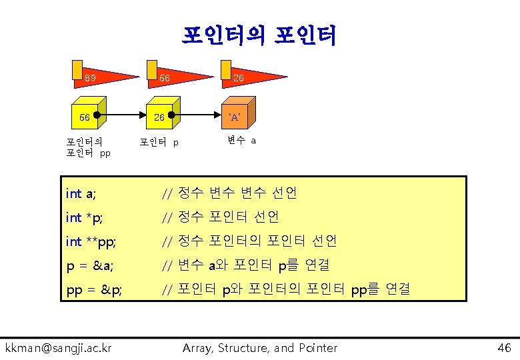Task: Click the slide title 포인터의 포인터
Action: [259, 35]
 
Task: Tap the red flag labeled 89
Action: [97, 77]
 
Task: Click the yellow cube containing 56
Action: [89, 117]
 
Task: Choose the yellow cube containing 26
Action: [163, 117]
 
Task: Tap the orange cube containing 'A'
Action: [237, 117]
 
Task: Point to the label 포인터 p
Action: [159, 142]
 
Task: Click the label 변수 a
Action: [241, 140]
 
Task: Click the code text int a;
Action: [81, 193]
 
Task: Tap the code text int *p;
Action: [84, 217]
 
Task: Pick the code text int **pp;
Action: [90, 241]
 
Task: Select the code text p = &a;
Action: [90, 265]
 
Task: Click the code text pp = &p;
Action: [94, 289]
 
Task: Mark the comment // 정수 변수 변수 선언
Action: [230, 193]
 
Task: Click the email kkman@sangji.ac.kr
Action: [59, 347]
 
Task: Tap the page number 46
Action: [503, 347]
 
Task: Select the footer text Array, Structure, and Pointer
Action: [260, 347]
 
